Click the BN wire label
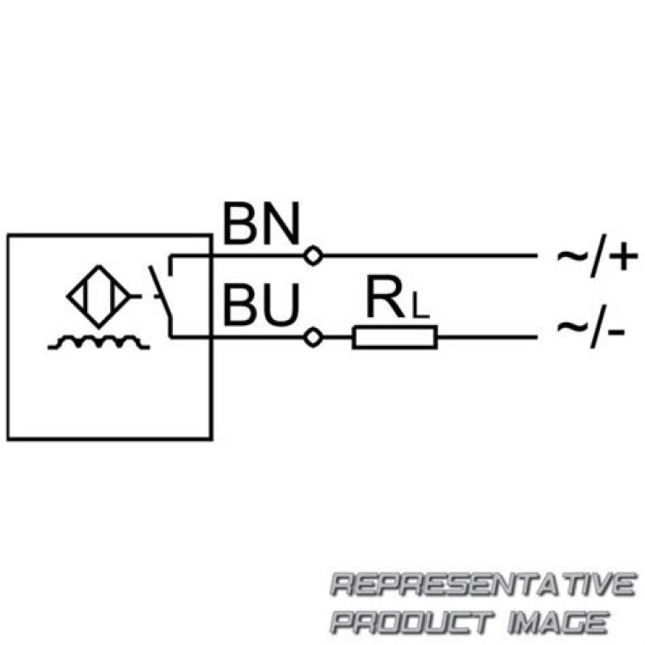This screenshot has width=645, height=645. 262,224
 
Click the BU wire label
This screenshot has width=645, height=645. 262,305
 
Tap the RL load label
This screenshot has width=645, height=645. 398,297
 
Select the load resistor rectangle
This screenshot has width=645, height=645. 395,338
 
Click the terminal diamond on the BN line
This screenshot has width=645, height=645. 313,256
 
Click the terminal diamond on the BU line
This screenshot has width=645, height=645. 313,338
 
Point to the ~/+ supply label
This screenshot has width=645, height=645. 598,256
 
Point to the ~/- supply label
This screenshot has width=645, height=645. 591,326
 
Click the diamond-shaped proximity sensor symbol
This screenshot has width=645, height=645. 99,297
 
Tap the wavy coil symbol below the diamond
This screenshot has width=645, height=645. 99,342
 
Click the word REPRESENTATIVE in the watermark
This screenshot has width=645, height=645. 484,584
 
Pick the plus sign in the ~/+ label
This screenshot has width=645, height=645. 623,256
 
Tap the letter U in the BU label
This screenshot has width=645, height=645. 282,305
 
